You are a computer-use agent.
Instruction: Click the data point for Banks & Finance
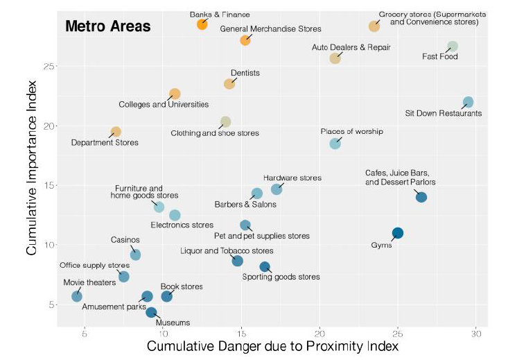pos(202,24)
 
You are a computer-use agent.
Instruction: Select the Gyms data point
pos(398,233)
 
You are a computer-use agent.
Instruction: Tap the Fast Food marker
pos(453,46)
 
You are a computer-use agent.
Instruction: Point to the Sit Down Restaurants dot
pos(468,102)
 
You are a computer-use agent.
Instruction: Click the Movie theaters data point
pos(77,296)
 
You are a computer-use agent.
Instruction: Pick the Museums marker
pos(151,313)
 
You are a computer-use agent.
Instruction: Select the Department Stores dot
pos(116,132)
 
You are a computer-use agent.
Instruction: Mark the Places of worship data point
pos(335,144)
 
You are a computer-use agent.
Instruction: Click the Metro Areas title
pos(107,27)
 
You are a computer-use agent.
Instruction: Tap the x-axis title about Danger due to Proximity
pos(273,346)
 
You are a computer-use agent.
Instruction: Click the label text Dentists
pos(246,72)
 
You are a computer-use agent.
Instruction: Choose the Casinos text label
pos(125,240)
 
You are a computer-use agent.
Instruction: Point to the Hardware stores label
pos(292,178)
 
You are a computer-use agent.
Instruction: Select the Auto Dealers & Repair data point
pos(335,58)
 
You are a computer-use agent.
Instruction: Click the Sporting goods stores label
pos(281,277)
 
